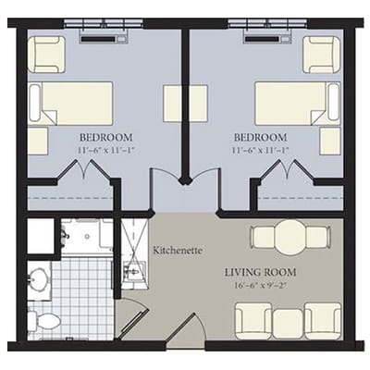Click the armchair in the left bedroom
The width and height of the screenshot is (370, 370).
[44, 55]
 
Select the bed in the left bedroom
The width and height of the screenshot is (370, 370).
[70, 102]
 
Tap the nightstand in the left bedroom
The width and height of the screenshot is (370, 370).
[38, 140]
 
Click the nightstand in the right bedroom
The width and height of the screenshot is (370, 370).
[329, 140]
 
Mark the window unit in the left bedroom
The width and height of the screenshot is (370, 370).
[103, 38]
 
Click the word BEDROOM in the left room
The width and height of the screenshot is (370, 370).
[104, 133]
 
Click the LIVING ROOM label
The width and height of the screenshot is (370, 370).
[262, 272]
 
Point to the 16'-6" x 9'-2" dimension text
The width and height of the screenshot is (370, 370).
[262, 287]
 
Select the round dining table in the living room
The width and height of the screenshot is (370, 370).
[290, 237]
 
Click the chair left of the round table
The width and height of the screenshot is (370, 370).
[263, 237]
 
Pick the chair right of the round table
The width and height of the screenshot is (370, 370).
[319, 237]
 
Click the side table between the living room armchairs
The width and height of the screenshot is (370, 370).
[288, 321]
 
